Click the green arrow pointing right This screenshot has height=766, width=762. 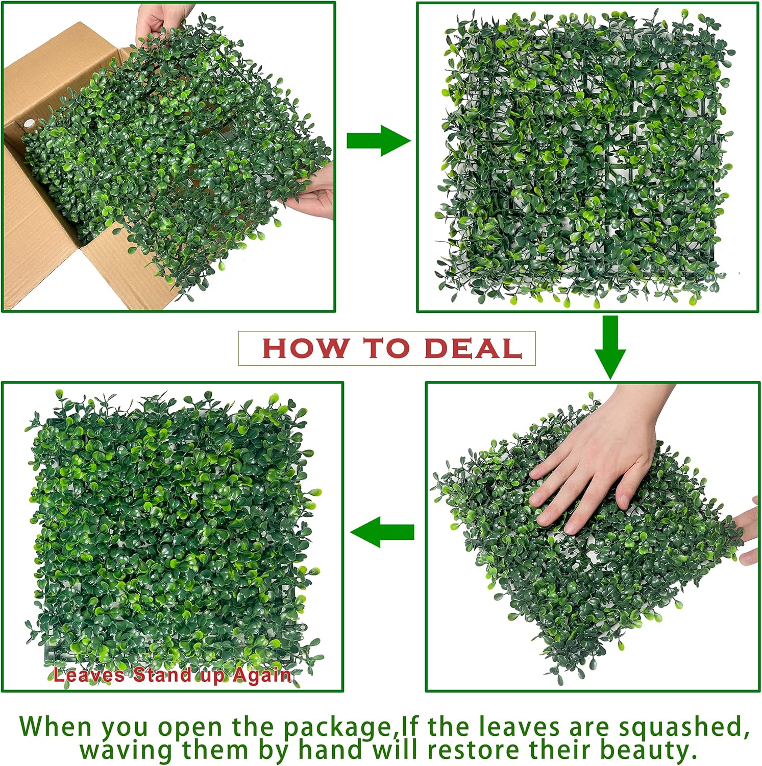378,140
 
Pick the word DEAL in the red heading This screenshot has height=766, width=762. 473,348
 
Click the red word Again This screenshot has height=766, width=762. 262,675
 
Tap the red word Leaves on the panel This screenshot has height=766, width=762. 89,675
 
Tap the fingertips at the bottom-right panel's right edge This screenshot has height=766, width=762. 748,531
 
